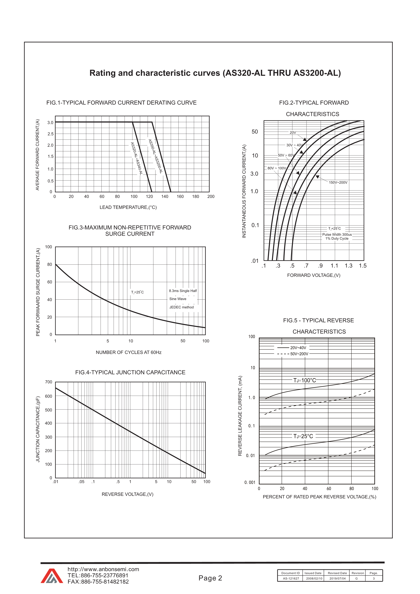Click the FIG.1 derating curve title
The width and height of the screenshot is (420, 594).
click(x=121, y=103)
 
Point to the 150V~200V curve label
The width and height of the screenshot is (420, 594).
click(x=338, y=182)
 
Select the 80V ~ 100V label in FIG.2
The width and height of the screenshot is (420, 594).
click(x=277, y=168)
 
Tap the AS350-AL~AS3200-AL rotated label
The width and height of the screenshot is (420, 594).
click(x=155, y=156)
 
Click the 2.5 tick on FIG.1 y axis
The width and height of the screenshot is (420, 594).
click(x=50, y=134)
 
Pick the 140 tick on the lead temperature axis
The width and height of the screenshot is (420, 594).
click(x=165, y=196)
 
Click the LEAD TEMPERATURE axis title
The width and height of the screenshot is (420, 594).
click(x=128, y=207)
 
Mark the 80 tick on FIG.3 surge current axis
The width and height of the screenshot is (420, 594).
click(x=49, y=264)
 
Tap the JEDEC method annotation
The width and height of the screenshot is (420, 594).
click(x=181, y=307)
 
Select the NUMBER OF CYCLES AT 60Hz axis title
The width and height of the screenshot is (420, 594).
click(x=129, y=352)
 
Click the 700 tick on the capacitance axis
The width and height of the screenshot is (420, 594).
click(x=49, y=382)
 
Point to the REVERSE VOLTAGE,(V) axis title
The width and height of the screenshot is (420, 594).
click(x=127, y=494)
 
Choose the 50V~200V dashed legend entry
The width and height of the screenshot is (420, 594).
click(x=293, y=354)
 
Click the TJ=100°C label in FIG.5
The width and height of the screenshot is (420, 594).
click(x=304, y=380)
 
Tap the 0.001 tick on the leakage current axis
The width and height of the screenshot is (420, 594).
click(x=250, y=482)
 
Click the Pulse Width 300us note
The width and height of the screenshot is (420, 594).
click(x=337, y=234)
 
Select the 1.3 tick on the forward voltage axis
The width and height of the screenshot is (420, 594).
click(x=348, y=266)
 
